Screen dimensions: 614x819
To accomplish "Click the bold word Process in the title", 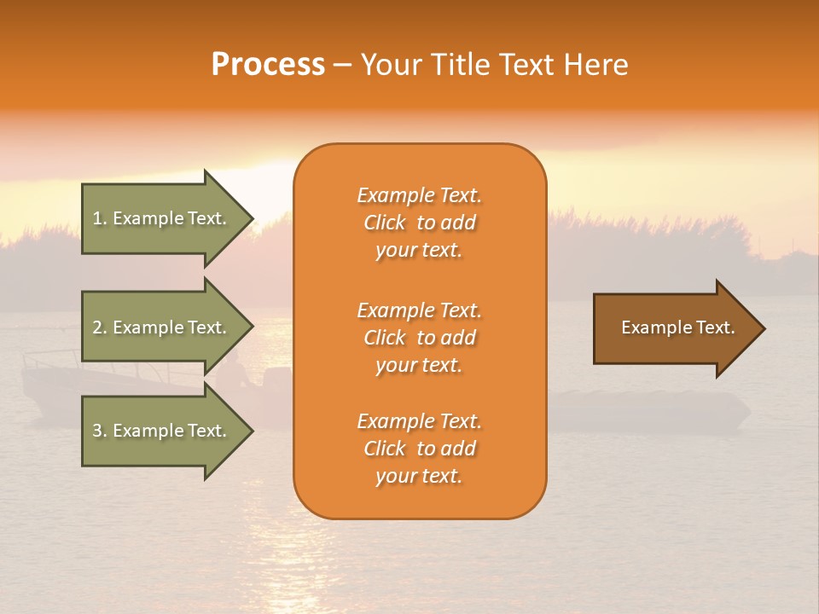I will pyautogui.click(x=268, y=65).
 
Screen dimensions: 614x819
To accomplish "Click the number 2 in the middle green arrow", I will pyautogui.click(x=97, y=327).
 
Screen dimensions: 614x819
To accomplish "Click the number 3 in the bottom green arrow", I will pyautogui.click(x=97, y=431).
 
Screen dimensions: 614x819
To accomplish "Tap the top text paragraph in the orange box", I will pyautogui.click(x=419, y=223).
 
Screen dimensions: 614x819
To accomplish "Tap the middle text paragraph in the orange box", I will pyautogui.click(x=419, y=338).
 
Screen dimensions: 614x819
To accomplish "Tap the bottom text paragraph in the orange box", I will pyautogui.click(x=419, y=449).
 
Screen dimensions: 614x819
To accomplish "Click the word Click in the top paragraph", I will pyautogui.click(x=385, y=223).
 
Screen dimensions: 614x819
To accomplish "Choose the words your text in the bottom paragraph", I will pyautogui.click(x=419, y=476).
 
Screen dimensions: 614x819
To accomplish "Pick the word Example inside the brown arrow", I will pyautogui.click(x=653, y=327).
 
